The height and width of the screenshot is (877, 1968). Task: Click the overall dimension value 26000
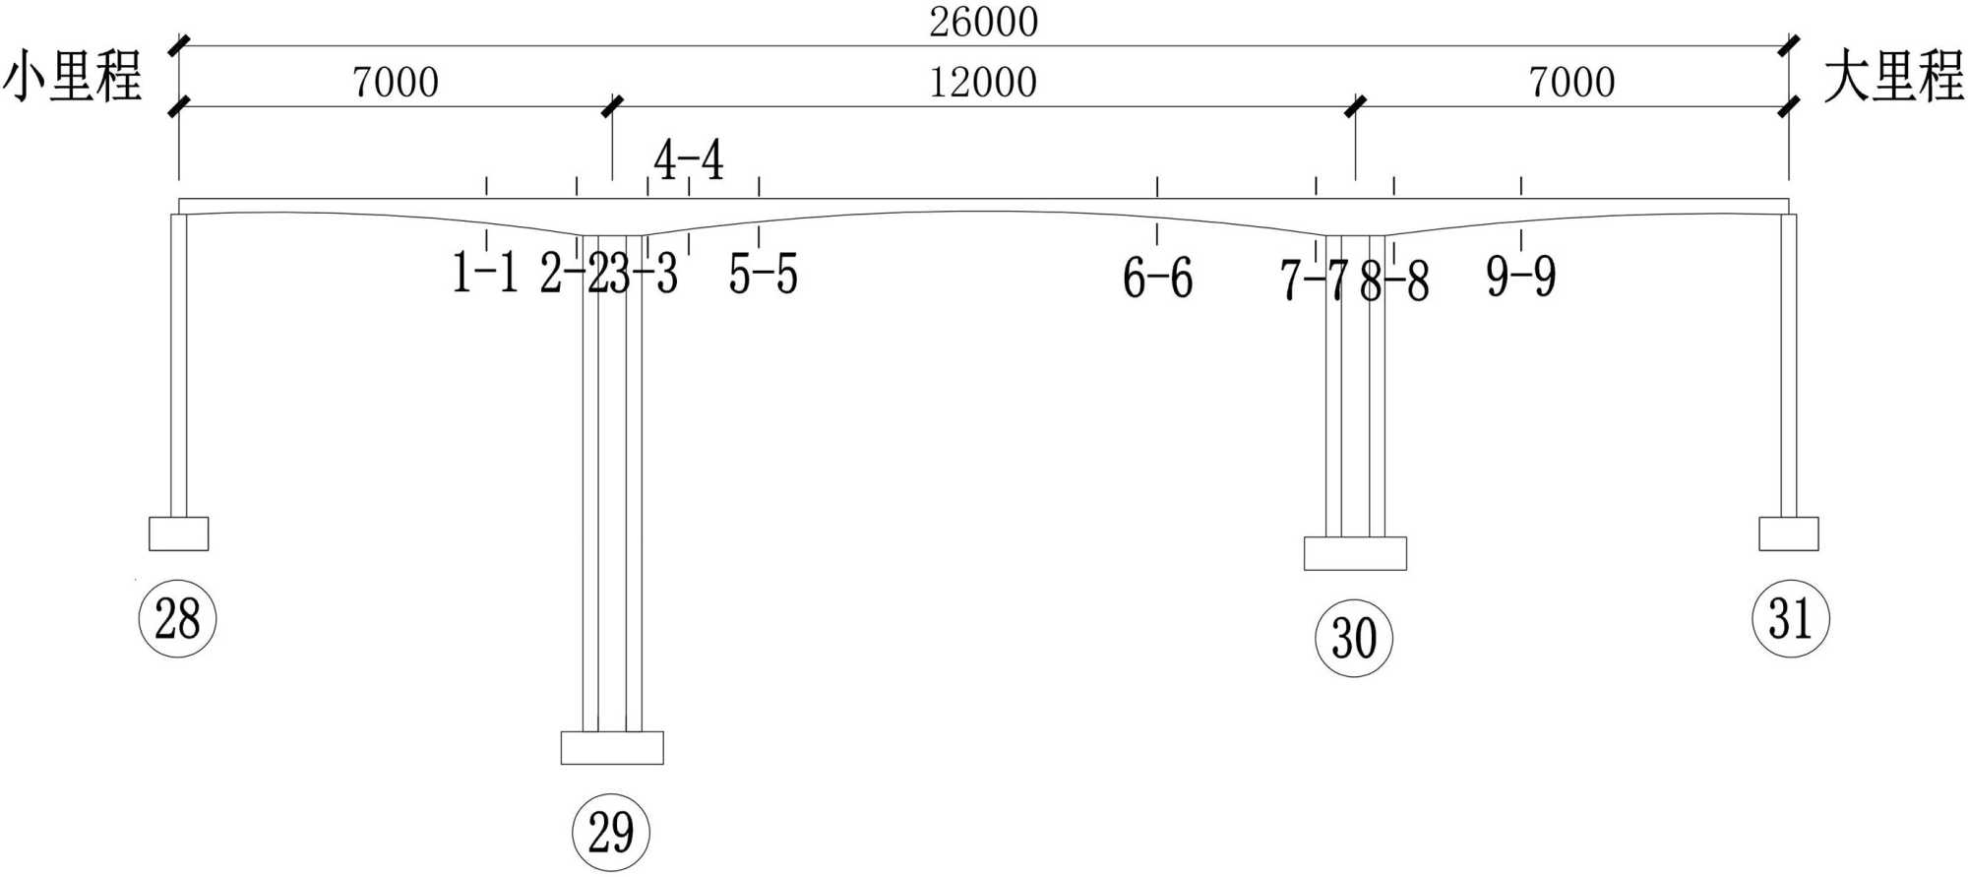pyautogui.click(x=983, y=22)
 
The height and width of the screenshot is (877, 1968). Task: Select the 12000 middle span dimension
pyautogui.click(x=983, y=83)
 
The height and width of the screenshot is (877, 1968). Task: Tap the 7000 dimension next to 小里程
pyautogui.click(x=396, y=83)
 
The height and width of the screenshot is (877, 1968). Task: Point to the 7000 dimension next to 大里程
pyautogui.click(x=1571, y=83)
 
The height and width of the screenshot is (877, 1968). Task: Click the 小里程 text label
pyautogui.click(x=73, y=77)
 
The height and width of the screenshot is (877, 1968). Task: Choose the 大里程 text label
pyautogui.click(x=1893, y=77)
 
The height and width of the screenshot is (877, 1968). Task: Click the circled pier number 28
pyautogui.click(x=177, y=618)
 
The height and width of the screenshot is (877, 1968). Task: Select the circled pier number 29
pyautogui.click(x=610, y=832)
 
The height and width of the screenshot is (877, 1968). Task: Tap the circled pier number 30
pyautogui.click(x=1354, y=638)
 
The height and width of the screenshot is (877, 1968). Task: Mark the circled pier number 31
pyautogui.click(x=1790, y=618)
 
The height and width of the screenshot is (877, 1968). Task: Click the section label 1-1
pyautogui.click(x=485, y=273)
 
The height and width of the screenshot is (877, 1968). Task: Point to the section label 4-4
pyautogui.click(x=689, y=159)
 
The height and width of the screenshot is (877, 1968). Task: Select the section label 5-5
pyautogui.click(x=763, y=274)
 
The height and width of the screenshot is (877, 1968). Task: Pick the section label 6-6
pyautogui.click(x=1157, y=278)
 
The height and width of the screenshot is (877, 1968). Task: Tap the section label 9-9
pyautogui.click(x=1521, y=276)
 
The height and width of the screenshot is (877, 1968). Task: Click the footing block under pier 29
pyautogui.click(x=612, y=748)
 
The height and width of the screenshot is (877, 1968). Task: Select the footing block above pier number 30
pyautogui.click(x=1355, y=553)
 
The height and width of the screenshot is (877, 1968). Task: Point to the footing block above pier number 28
pyautogui.click(x=178, y=533)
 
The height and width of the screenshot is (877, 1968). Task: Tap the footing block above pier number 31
pyautogui.click(x=1788, y=533)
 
